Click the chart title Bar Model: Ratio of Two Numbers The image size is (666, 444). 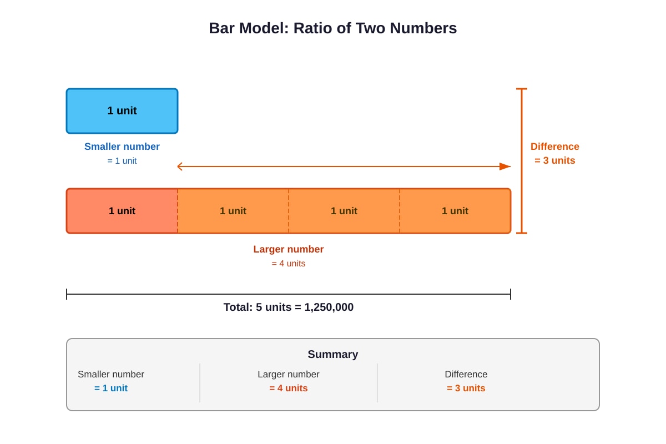[x=332, y=28]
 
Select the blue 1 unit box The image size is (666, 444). [x=122, y=111]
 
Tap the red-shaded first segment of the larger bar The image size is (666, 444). [x=122, y=211]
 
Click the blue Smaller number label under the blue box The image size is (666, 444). [x=122, y=147]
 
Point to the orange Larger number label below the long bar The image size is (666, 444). [x=289, y=249]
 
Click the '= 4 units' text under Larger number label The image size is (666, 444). [x=289, y=263]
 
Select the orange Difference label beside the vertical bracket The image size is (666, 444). [x=555, y=147]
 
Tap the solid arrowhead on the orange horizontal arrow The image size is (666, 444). [x=505, y=167]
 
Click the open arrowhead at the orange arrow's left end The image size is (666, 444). [x=180, y=167]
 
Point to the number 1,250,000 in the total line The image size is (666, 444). [x=329, y=307]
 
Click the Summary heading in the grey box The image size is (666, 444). [x=332, y=354]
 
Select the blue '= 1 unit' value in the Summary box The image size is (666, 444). [x=111, y=388]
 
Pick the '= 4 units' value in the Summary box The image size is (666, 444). [x=289, y=388]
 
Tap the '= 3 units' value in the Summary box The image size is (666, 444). [x=466, y=388]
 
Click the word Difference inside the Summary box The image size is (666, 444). [x=466, y=374]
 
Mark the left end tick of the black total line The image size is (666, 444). [x=67, y=294]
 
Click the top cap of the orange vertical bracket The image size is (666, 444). [x=522, y=89]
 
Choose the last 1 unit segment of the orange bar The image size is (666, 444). [x=455, y=211]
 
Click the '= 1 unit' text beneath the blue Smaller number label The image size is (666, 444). [x=122, y=160]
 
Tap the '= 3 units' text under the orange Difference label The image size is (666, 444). [x=555, y=160]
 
